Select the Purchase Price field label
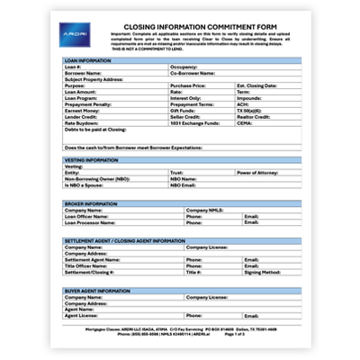[x=188, y=85]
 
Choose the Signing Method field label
[x=263, y=271]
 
